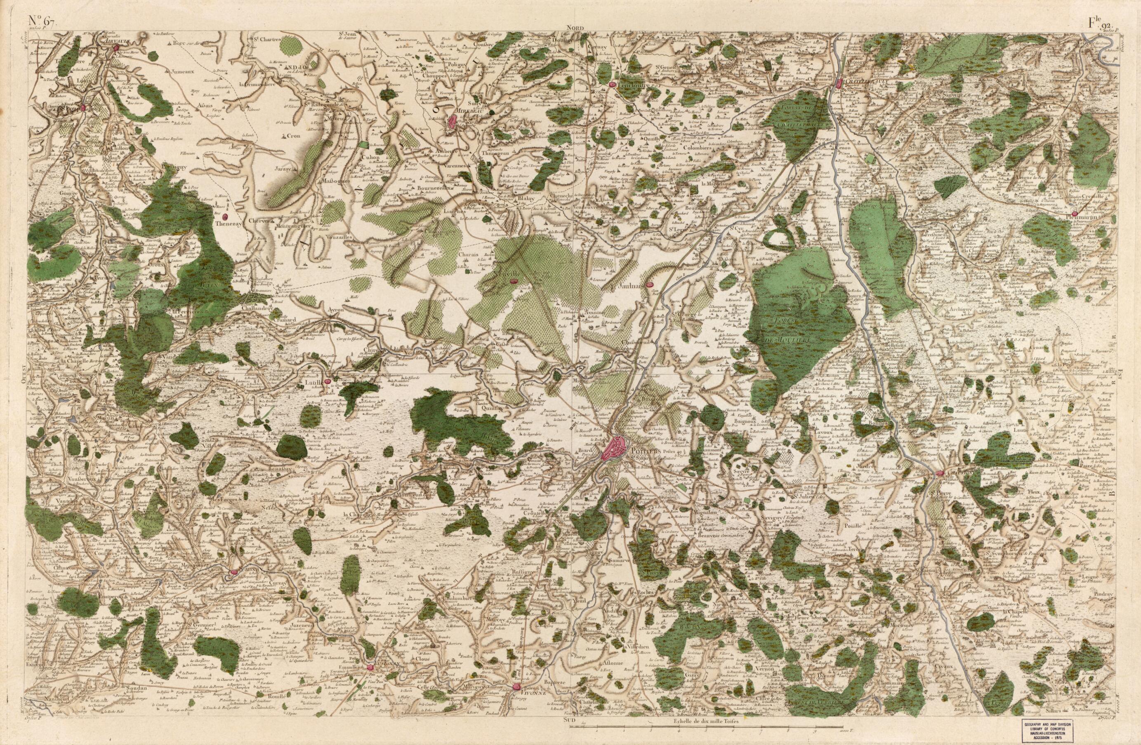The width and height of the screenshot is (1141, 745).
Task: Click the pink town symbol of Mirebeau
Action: click(x=452, y=122)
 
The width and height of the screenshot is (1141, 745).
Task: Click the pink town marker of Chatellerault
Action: click(x=839, y=84)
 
